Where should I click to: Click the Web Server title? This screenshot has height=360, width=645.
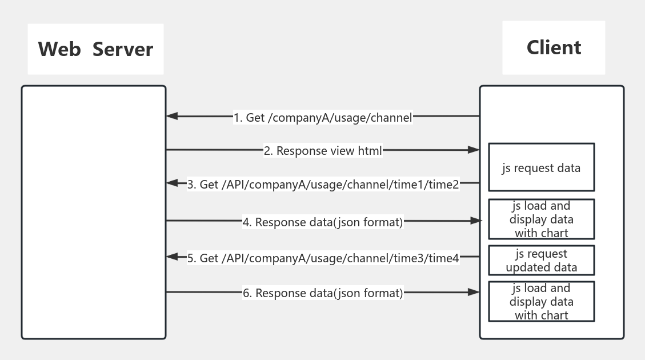[95, 49]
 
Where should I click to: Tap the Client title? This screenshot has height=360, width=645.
[554, 47]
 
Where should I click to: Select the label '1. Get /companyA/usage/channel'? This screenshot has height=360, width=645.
[323, 118]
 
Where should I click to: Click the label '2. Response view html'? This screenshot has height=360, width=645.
[323, 151]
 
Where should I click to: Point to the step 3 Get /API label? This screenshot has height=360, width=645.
[323, 185]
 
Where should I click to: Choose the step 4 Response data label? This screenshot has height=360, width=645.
[323, 222]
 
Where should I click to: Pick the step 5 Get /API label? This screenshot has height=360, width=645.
[323, 258]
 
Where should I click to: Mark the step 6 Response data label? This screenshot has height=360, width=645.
[323, 293]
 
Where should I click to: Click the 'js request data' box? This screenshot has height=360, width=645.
[541, 167]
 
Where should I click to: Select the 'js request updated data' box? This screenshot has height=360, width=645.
[541, 261]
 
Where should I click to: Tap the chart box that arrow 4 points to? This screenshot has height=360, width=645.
[541, 219]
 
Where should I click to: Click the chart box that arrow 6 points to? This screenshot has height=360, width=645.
[541, 302]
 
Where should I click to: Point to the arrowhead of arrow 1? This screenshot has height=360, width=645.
[172, 117]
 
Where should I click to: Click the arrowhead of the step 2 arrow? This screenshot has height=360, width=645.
[473, 150]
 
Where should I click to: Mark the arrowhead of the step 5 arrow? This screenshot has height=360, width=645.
[172, 257]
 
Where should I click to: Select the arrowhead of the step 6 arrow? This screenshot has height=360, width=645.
[473, 292]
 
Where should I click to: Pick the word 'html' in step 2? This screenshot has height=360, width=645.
[370, 151]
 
